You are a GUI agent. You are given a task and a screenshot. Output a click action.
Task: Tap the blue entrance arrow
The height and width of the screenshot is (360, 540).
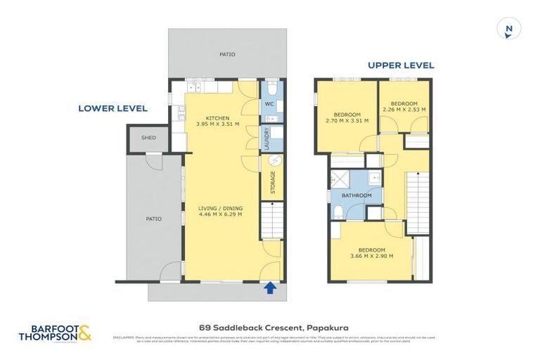(x=269, y=286)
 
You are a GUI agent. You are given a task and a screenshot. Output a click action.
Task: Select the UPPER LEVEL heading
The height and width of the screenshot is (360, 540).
(x=401, y=65)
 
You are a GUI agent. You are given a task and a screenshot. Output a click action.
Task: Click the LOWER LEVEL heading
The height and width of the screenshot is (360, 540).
(x=112, y=108)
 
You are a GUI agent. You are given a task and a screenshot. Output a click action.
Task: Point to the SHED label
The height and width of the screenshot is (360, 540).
(x=148, y=138)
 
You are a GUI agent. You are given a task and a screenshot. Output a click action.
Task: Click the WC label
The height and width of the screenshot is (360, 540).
(x=269, y=105)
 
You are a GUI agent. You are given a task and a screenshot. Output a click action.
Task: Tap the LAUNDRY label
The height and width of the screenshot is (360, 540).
(x=267, y=139)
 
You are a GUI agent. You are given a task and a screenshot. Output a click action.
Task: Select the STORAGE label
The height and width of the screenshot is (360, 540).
(x=273, y=184)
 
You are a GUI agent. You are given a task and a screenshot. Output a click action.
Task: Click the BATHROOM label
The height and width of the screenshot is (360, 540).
(x=357, y=195)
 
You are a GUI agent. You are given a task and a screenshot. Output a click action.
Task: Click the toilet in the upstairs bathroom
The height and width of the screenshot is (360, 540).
(x=339, y=212)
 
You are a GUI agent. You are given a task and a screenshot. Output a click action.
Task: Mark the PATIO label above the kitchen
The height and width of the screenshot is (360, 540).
(x=227, y=54)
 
